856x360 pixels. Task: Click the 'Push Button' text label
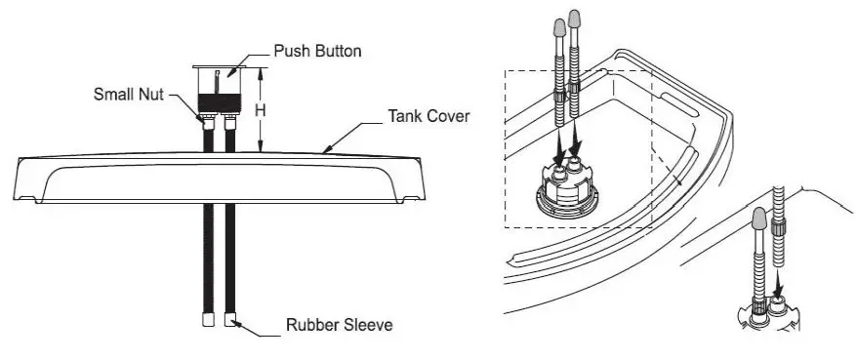(x=317, y=51)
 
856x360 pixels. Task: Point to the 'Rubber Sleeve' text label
(x=339, y=324)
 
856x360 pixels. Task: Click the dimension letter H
(x=261, y=110)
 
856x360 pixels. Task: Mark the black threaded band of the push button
(x=220, y=101)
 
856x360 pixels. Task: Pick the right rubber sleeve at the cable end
(x=231, y=319)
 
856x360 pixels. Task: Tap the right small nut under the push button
(x=231, y=122)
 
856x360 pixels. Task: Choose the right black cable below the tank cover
(x=231, y=259)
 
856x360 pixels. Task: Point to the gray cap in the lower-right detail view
(x=758, y=220)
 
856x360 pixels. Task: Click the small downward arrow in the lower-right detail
(x=777, y=288)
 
